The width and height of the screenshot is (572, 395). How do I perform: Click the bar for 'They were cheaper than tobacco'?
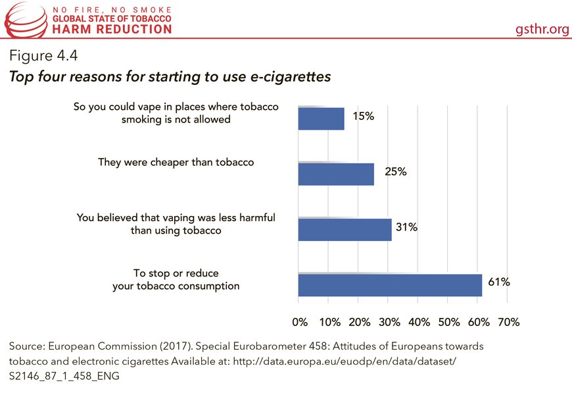(336, 174)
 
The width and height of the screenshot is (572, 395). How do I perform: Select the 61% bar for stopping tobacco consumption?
(390, 285)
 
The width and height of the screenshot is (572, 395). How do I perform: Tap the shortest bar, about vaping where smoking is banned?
(321, 118)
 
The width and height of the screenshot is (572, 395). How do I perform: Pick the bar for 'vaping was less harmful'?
(345, 230)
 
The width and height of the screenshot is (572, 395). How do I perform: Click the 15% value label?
(363, 117)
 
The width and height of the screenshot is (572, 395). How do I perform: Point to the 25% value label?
(395, 172)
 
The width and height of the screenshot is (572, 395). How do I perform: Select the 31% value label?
(406, 228)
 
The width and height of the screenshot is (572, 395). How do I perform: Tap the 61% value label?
(498, 282)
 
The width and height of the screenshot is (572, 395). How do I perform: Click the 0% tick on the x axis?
(299, 322)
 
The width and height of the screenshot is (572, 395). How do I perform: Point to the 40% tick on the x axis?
(419, 322)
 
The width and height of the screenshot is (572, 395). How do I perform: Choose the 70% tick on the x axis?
(508, 322)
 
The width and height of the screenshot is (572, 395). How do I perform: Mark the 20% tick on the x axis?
(359, 322)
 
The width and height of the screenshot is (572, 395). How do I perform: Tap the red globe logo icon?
(24, 19)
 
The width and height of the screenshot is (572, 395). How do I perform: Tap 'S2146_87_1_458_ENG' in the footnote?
(63, 377)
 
